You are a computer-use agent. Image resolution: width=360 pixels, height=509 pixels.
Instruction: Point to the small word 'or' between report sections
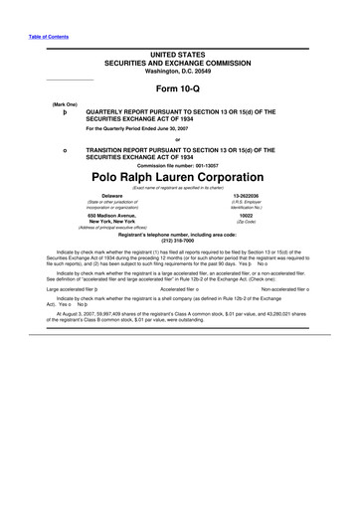179,139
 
